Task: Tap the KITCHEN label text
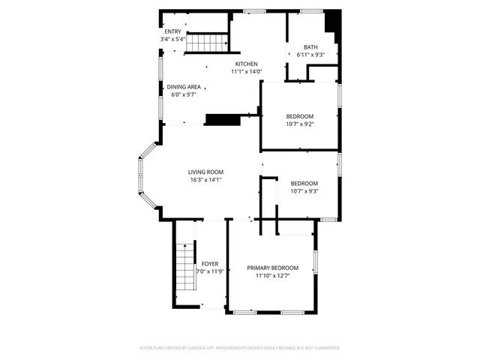(246, 64)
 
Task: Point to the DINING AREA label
(182, 87)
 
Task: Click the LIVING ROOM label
(205, 172)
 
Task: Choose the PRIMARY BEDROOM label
(273, 268)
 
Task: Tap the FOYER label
(210, 264)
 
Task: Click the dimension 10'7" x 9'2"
(299, 124)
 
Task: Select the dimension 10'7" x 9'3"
(304, 191)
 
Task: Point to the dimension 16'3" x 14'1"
(205, 180)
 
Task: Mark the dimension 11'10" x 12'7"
(273, 276)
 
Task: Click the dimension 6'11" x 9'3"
(310, 55)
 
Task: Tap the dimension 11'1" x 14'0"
(246, 72)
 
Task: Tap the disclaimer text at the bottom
(240, 348)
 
